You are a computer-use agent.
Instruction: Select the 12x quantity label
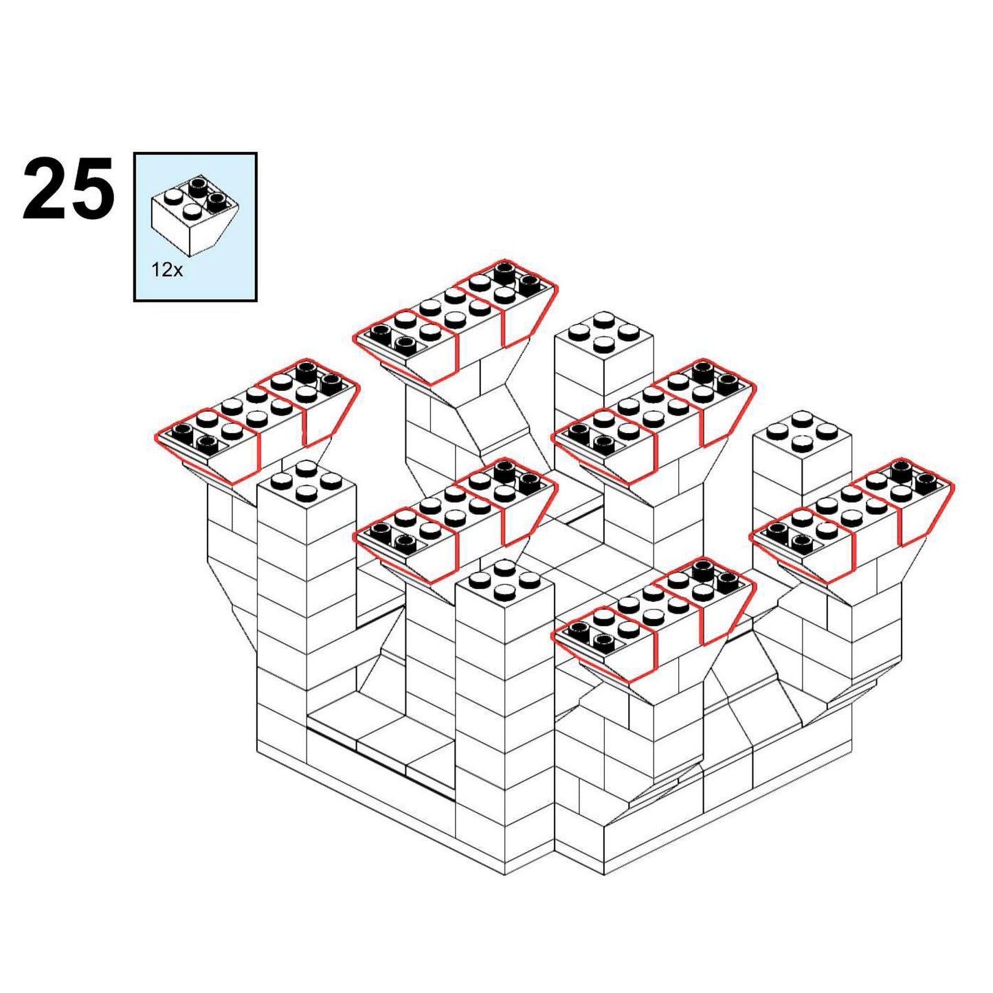point(166,269)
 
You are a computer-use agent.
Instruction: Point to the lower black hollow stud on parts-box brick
point(219,201)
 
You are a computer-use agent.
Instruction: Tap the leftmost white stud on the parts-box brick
point(172,197)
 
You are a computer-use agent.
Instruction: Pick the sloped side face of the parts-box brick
point(215,230)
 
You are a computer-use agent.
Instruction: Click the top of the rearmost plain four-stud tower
point(603,334)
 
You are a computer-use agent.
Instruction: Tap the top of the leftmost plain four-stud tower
point(306,482)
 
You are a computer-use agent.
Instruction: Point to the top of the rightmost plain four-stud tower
point(802,434)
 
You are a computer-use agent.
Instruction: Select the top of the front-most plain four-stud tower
point(505,582)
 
